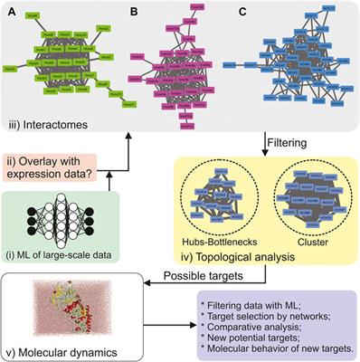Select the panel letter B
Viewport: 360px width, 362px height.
point(133,11)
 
